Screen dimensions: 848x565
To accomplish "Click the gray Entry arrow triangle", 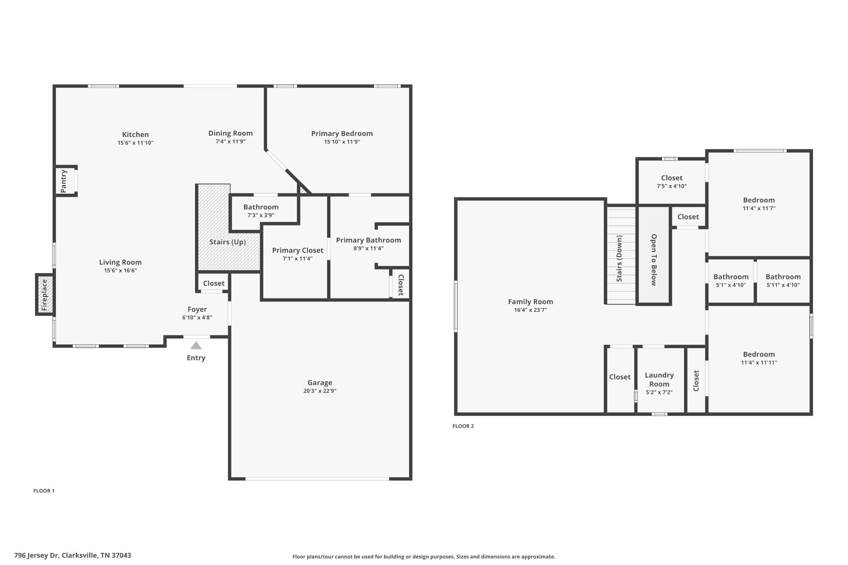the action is (196, 345).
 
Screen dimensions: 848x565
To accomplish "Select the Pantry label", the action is (63, 181).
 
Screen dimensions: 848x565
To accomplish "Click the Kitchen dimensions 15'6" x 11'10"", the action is (135, 143).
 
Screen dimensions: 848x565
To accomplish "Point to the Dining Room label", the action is (231, 133).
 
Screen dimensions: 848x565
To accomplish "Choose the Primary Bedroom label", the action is (342, 133).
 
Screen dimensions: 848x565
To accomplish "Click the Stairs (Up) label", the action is (228, 242).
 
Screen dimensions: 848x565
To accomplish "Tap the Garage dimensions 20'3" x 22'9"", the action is (320, 391).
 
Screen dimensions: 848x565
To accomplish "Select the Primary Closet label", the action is (298, 250).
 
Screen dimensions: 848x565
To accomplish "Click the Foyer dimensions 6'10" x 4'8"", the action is (197, 317).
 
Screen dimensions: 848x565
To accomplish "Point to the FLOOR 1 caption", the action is (44, 491).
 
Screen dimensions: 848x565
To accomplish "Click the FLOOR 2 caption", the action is (463, 426).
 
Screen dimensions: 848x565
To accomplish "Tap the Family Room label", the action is (530, 302).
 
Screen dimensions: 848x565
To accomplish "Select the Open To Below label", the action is (654, 260).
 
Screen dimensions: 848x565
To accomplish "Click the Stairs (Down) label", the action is (619, 259).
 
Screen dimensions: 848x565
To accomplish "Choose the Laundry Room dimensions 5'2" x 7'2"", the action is (659, 392).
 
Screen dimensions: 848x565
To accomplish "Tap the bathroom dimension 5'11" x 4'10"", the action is (783, 285).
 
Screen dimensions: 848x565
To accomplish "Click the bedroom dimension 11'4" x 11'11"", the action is (759, 363).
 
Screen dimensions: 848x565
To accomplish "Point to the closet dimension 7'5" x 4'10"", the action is (672, 186).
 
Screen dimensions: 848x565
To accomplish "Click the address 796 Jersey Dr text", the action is (37, 555).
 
